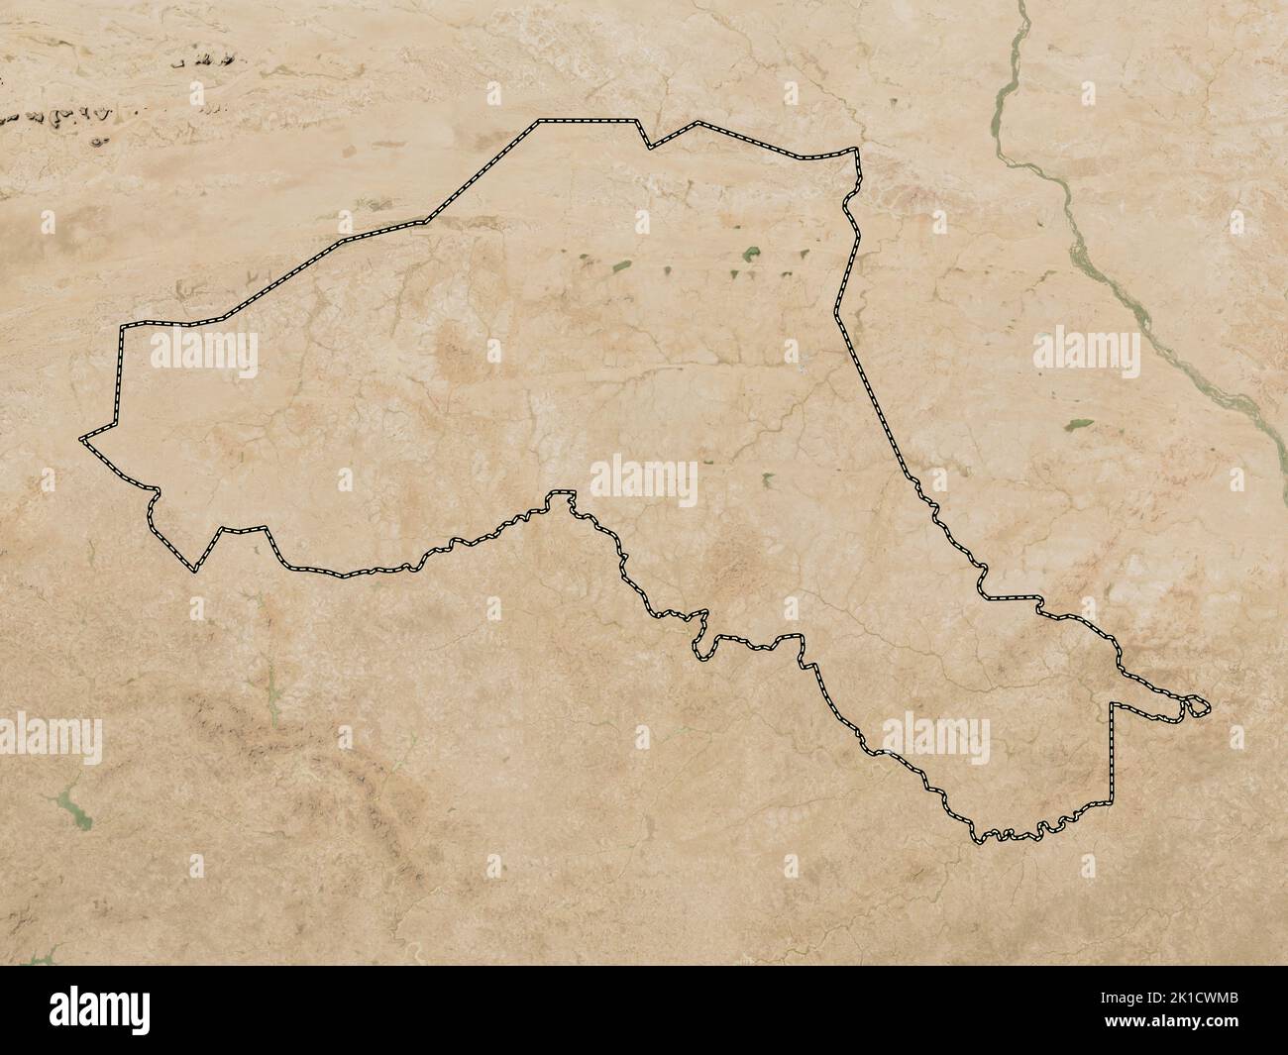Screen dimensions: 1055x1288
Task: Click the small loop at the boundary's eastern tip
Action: tap(1196, 707)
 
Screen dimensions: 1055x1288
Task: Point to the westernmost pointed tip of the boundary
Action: tap(81, 437)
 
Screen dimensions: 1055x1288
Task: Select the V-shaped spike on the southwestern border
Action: tap(195, 570)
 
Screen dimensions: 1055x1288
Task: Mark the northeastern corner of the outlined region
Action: tap(856, 151)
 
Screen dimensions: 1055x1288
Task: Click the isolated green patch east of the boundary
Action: tap(1073, 425)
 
